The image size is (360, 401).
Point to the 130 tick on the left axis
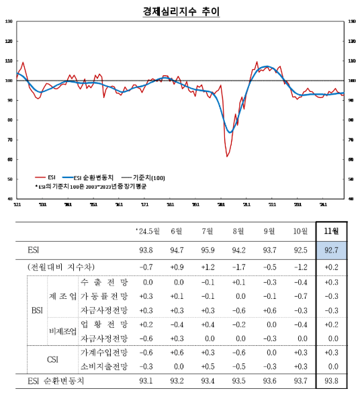point(8,21)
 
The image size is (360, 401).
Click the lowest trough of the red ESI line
point(227,156)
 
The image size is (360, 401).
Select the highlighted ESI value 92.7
point(330,251)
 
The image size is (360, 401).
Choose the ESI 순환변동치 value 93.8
point(330,382)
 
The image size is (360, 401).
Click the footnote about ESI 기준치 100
point(91,186)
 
